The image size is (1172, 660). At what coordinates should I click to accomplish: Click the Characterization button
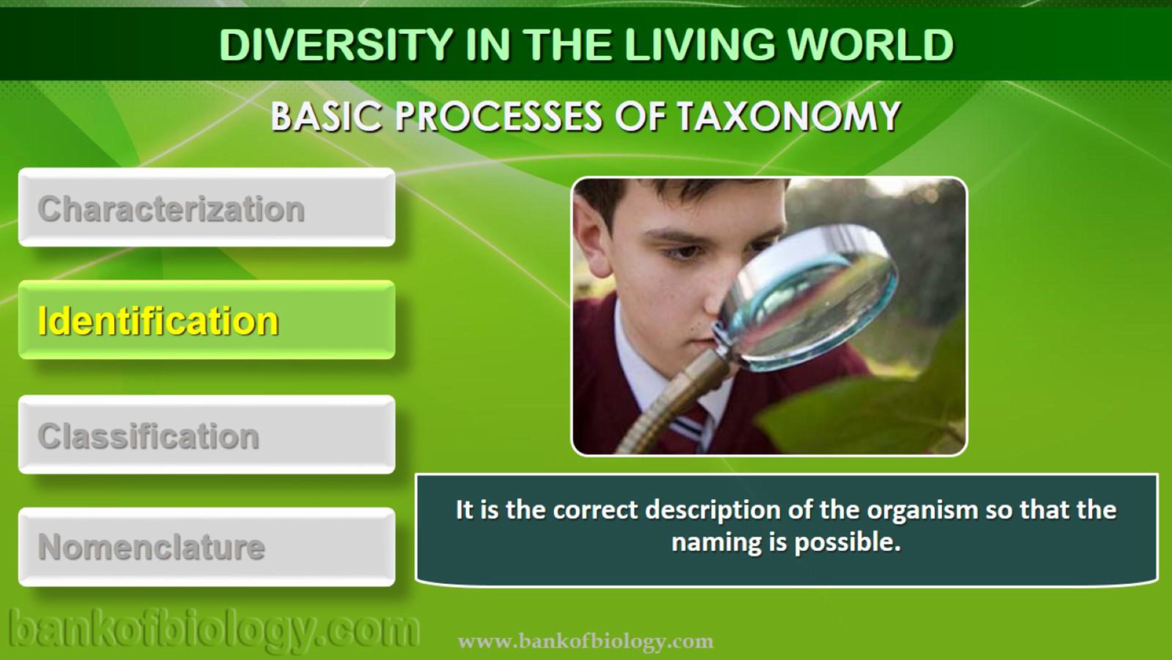pyautogui.click(x=207, y=208)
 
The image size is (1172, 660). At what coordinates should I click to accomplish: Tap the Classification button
pyautogui.click(x=207, y=435)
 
